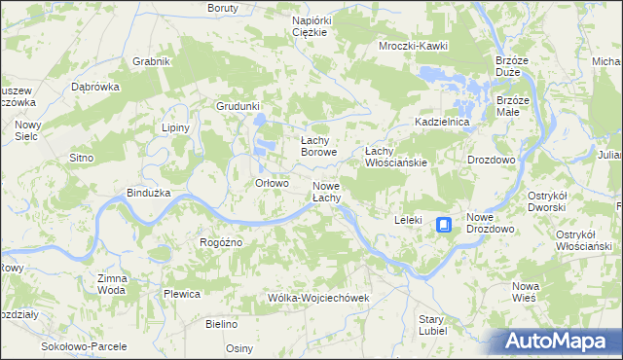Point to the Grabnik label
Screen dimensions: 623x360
(152, 61)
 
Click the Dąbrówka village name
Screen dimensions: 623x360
(95, 86)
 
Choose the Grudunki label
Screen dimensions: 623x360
(238, 106)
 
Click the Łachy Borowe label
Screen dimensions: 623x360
(318, 146)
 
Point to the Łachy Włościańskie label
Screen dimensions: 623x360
(395, 157)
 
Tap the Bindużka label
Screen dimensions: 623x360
(149, 193)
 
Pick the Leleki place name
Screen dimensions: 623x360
(407, 220)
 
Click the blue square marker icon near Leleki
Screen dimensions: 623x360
(444, 225)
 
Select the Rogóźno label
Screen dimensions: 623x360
(220, 242)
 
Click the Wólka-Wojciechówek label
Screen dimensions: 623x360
(319, 298)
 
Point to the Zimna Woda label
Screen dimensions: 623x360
(111, 284)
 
